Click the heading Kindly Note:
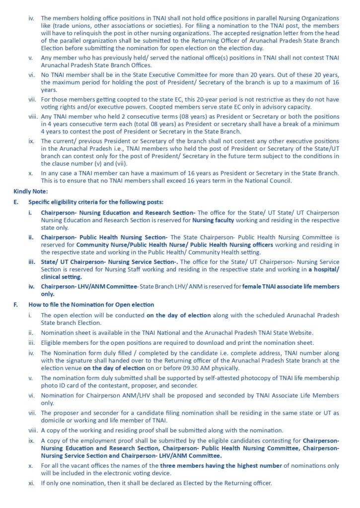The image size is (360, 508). click(x=31, y=191)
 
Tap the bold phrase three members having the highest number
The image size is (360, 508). click(x=210, y=466)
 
